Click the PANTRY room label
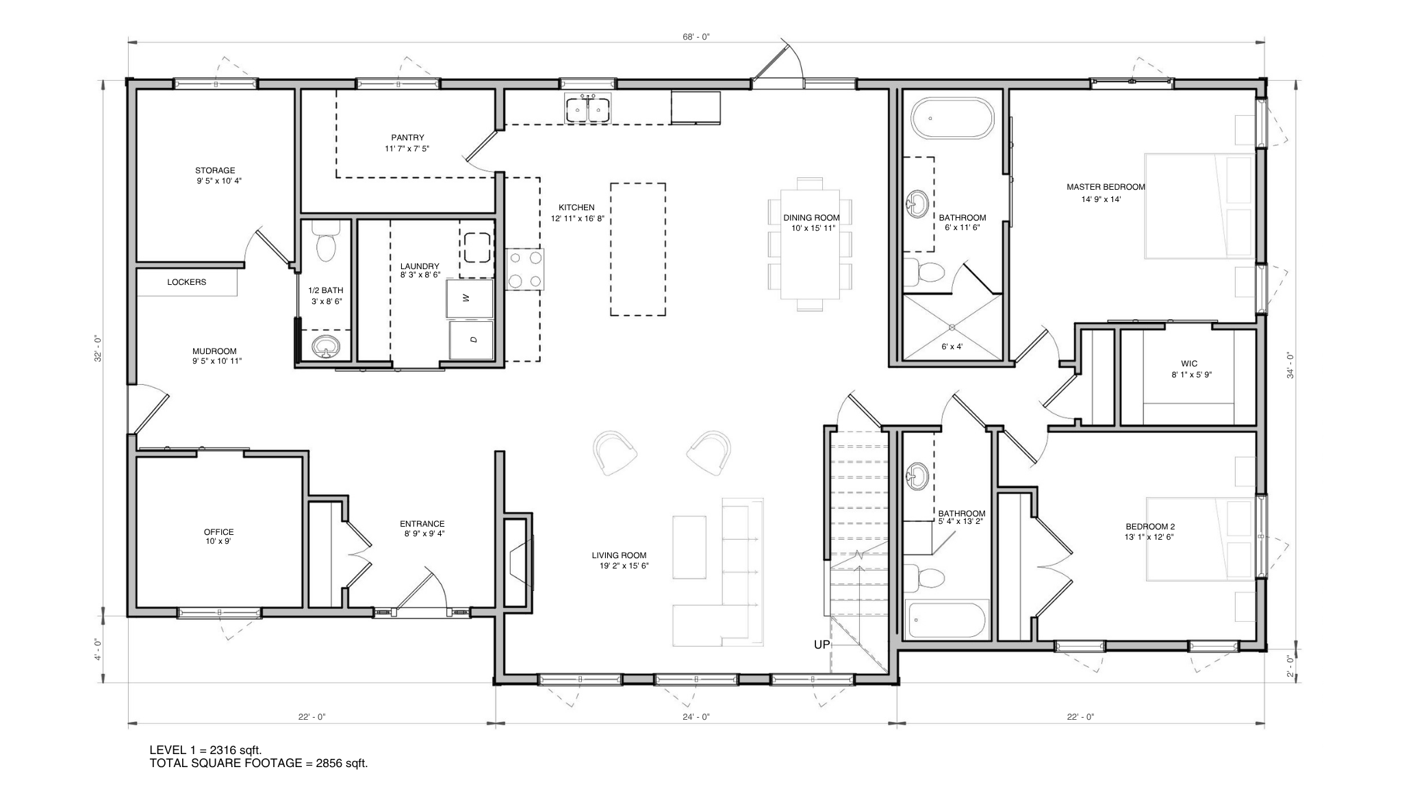pyautogui.click(x=407, y=137)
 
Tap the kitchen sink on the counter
pyautogui.click(x=588, y=110)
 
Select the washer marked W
pyautogui.click(x=469, y=299)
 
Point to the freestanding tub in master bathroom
pyautogui.click(x=952, y=119)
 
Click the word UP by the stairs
pyautogui.click(x=821, y=644)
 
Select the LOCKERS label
pyautogui.click(x=186, y=282)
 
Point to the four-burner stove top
pyautogui.click(x=526, y=269)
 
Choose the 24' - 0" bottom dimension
pyautogui.click(x=696, y=717)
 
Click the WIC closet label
pyautogui.click(x=1189, y=364)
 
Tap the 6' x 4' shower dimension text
pyautogui.click(x=952, y=347)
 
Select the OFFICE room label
pyautogui.click(x=218, y=532)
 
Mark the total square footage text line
pyautogui.click(x=259, y=764)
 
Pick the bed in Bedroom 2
pyautogui.click(x=1201, y=539)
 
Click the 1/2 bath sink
pyautogui.click(x=325, y=347)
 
